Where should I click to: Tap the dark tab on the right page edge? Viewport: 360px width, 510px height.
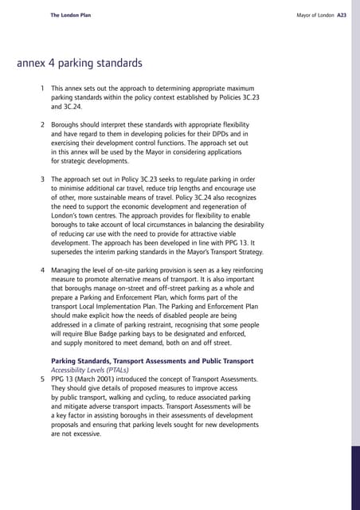(354, 477)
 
